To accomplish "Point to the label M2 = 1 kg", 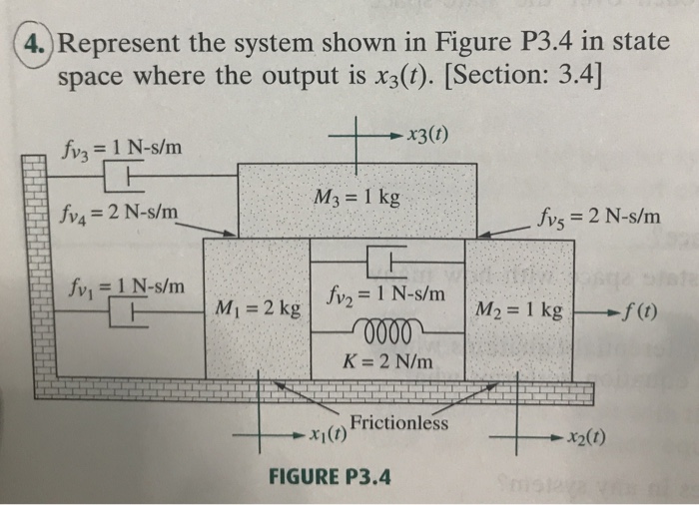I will tap(520, 310).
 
